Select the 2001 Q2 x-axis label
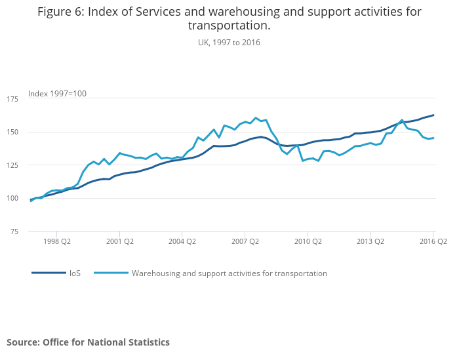coord(119,241)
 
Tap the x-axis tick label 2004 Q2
coord(182,241)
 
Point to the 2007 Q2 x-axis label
coord(245,241)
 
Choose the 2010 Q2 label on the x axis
coord(308,241)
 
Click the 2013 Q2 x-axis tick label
coord(370,241)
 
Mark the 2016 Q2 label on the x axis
coord(433,241)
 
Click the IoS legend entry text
coord(75,273)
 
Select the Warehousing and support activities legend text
coord(229,273)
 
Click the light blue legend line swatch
coord(110,273)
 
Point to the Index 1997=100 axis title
coord(57,94)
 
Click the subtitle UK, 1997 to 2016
coord(229,42)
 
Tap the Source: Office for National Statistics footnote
coord(88,342)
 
